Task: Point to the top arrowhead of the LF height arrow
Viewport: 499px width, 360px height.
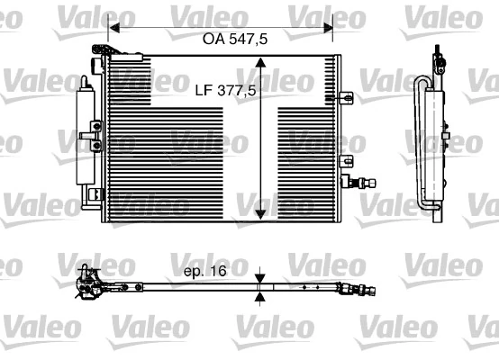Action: click(x=260, y=64)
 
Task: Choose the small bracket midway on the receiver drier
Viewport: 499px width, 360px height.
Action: click(x=89, y=135)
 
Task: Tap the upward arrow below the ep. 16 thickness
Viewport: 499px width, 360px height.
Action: click(x=260, y=296)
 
